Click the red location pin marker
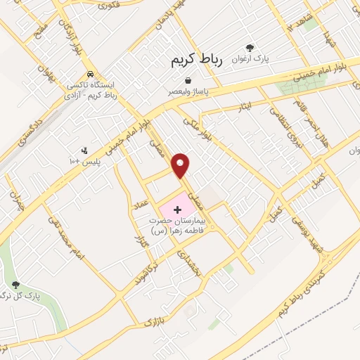(x=181, y=165)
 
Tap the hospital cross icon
(x=176, y=210)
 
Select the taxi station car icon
(x=90, y=74)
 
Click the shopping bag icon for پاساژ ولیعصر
(x=188, y=81)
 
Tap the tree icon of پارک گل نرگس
(x=16, y=284)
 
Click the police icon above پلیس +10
(x=85, y=150)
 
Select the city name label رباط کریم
(x=196, y=61)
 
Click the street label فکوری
(x=110, y=6)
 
